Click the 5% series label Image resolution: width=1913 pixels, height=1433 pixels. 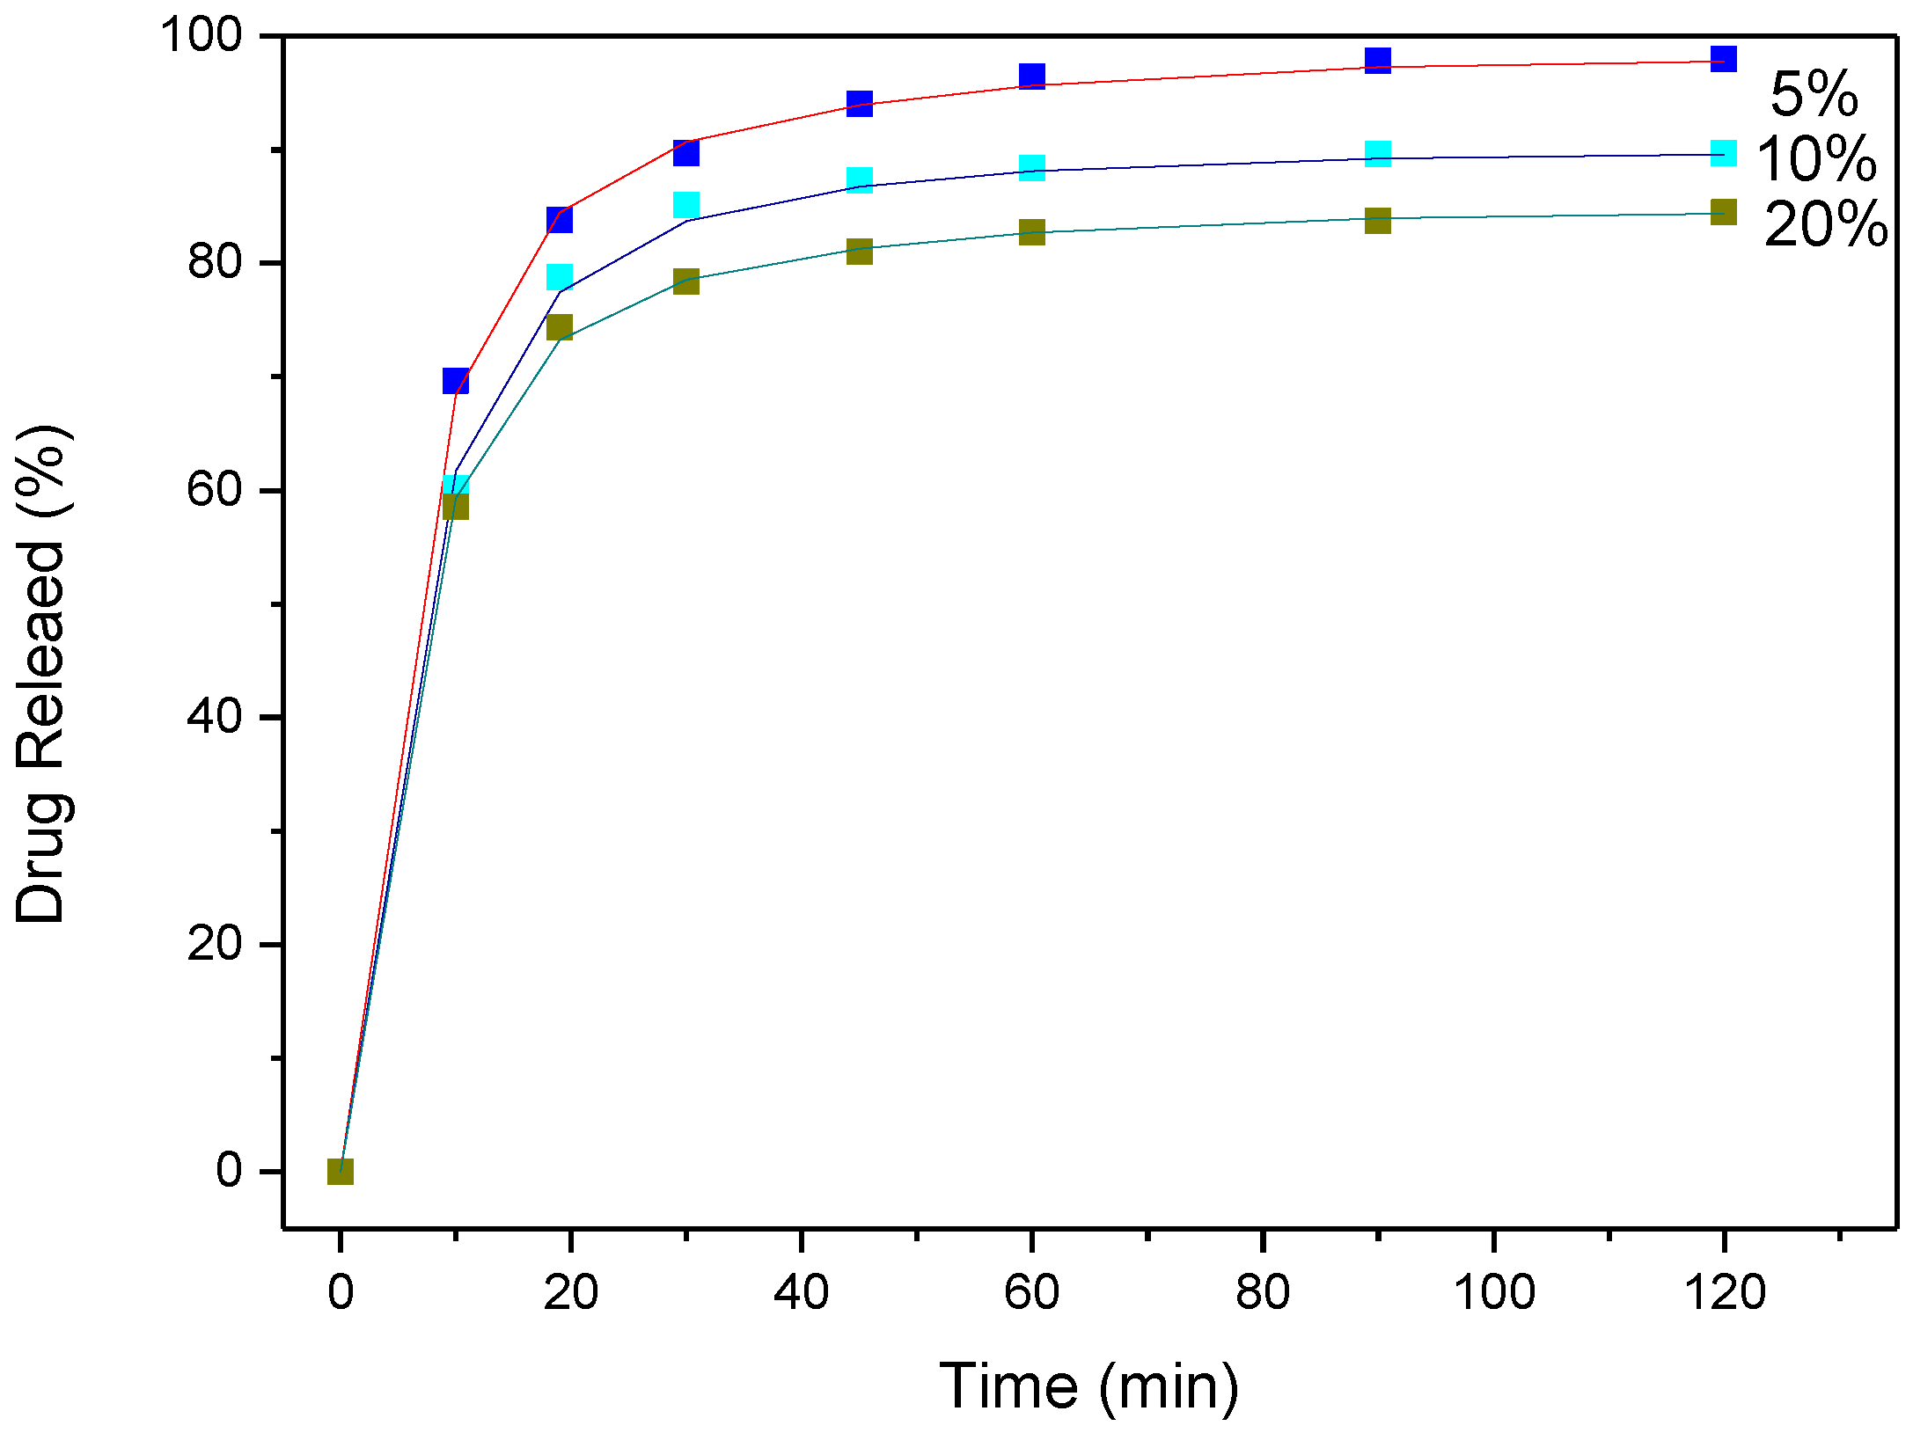point(1814,94)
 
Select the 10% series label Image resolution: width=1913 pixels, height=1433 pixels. point(1816,159)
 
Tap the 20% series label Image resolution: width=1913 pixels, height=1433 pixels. point(1826,224)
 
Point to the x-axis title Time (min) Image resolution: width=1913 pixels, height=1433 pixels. point(1088,1386)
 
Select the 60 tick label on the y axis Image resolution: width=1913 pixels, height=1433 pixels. point(215,489)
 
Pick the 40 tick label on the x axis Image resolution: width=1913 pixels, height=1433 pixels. point(801,1292)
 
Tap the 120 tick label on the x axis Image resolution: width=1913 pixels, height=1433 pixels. point(1724,1292)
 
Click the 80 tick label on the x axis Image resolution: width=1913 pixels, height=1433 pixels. point(1263,1292)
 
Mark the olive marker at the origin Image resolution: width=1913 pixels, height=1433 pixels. point(341,1171)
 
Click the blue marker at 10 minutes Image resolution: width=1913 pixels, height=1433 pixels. point(456,381)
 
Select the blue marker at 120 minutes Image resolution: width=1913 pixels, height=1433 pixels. point(1724,59)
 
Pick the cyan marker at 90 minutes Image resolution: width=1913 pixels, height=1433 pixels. point(1378,154)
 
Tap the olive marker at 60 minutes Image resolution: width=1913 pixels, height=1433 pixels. point(1032,232)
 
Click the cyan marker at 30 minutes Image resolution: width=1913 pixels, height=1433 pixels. point(686,205)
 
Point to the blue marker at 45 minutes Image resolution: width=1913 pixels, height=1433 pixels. point(860,103)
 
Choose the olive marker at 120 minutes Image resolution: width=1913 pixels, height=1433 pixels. point(1724,212)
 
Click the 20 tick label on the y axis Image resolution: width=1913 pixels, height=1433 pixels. point(215,943)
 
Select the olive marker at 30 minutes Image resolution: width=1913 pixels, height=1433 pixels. point(686,281)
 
